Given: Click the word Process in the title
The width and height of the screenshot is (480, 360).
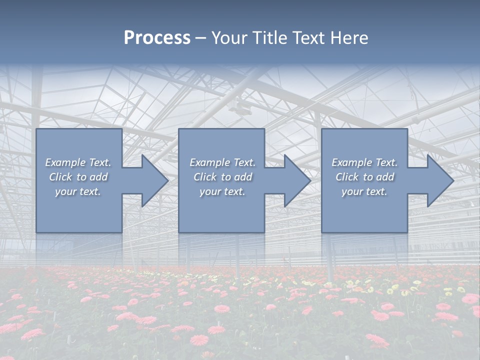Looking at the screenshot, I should tap(157, 38).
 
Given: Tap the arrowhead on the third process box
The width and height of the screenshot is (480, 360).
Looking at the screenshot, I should tap(439, 180).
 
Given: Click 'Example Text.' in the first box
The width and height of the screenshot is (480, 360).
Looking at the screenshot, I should tap(78, 162).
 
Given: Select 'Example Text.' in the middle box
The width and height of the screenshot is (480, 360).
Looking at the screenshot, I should tap(222, 162).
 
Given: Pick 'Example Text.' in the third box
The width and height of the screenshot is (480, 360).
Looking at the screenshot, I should tap(364, 162).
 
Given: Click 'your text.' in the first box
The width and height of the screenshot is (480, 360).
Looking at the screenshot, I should tap(78, 191).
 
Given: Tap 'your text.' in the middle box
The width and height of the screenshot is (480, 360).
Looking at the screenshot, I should tap(222, 191).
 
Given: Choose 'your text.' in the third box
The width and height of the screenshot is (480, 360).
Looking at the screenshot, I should tap(364, 191).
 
